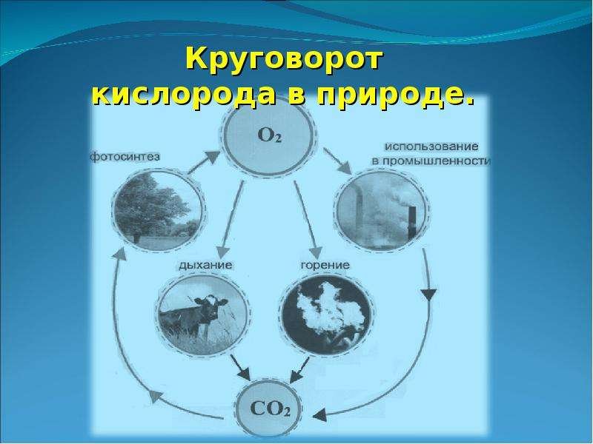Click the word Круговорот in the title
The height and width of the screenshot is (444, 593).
coord(284,61)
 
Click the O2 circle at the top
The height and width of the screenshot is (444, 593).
coord(269,136)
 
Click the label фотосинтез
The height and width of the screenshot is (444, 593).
coord(125,156)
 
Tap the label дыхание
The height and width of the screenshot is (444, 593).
coord(205,265)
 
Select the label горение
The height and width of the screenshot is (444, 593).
coord(325,265)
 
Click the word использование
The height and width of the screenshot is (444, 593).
coord(432,146)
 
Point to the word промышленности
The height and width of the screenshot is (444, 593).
coord(437,161)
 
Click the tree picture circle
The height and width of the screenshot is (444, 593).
coord(158,209)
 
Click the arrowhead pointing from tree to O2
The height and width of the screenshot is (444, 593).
coord(212,158)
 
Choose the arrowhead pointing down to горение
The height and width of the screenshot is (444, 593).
coord(317,252)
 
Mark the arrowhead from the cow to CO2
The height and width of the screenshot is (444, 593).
coord(245,374)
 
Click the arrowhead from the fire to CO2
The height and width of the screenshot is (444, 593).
coord(296,376)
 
